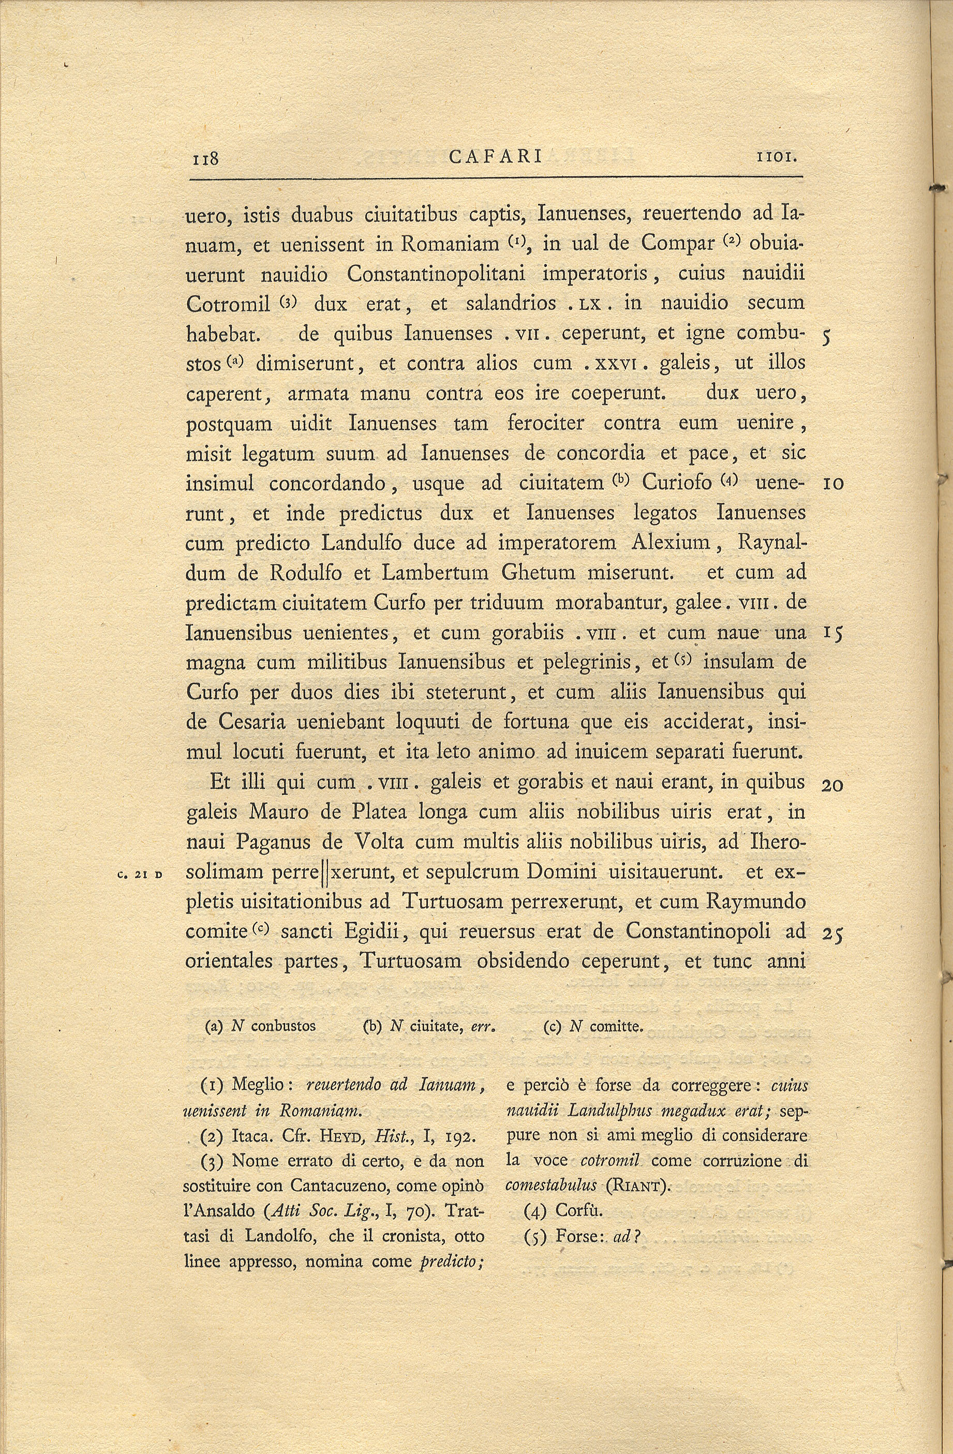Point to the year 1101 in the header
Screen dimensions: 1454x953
point(777,158)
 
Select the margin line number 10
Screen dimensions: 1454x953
point(833,484)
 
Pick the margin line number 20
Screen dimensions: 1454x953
point(832,785)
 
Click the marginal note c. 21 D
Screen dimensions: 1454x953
point(140,874)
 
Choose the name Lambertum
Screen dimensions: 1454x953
point(435,573)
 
